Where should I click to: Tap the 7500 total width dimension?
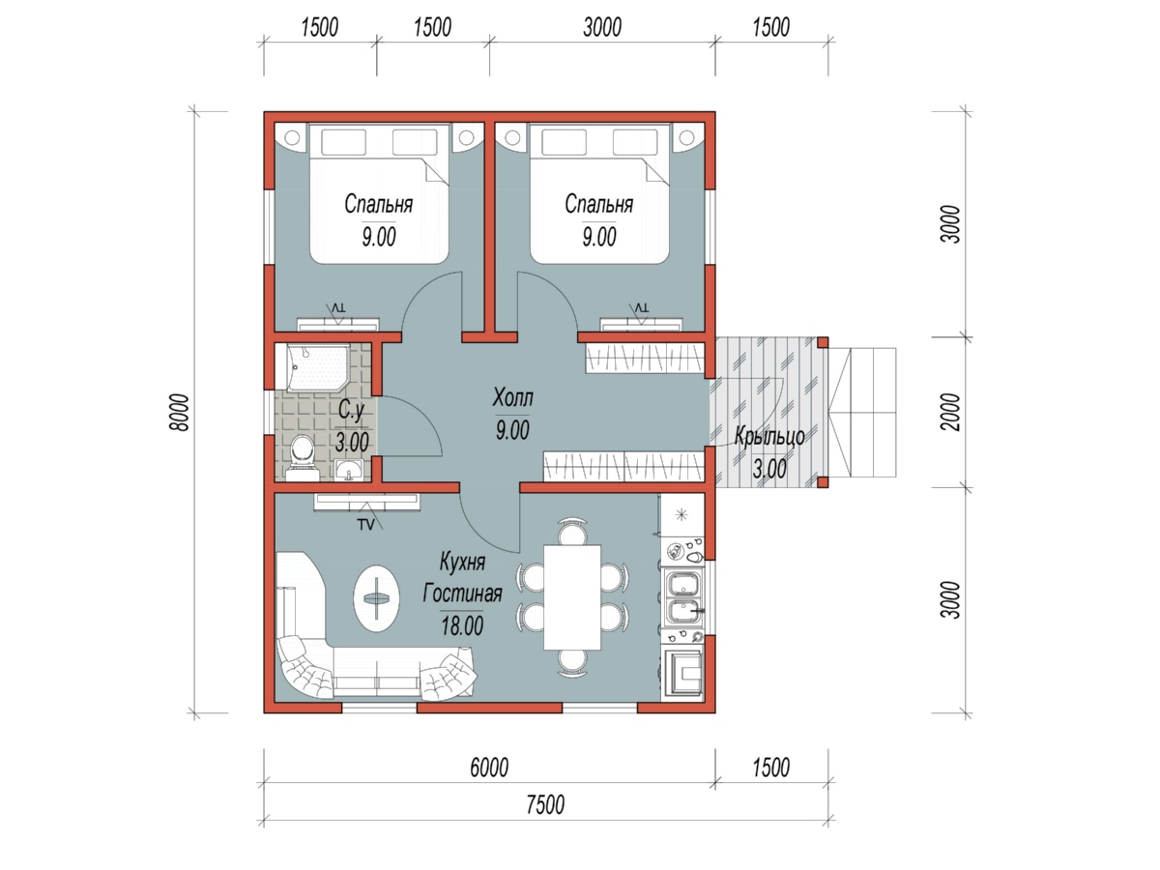point(545,804)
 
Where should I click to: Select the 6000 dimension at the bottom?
point(489,768)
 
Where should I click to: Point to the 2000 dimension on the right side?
point(951,412)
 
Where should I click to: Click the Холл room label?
point(512,397)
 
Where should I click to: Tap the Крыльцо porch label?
point(769,437)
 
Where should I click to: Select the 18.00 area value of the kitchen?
point(462,626)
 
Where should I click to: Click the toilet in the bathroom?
point(303,457)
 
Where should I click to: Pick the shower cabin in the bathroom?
point(318,367)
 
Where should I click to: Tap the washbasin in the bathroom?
point(348,470)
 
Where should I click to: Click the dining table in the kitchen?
point(572,596)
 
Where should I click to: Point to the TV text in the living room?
point(365,525)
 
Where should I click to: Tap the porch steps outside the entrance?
point(862,412)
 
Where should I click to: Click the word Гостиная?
point(462,594)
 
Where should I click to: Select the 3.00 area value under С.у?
point(352,442)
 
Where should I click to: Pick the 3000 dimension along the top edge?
point(602,27)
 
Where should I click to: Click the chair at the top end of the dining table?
point(572,532)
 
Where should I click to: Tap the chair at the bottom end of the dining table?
point(572,664)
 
